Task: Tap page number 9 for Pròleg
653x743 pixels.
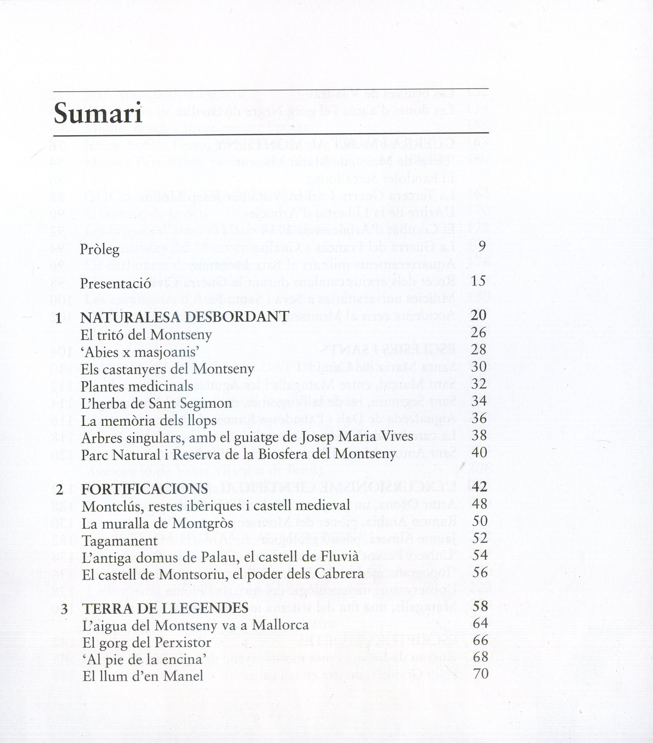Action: tap(482, 247)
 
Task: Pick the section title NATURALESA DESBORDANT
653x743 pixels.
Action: tap(185, 317)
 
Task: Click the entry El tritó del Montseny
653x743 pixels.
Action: tap(146, 335)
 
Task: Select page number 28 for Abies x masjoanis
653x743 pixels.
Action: tap(478, 349)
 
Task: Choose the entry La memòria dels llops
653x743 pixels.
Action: tap(149, 421)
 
